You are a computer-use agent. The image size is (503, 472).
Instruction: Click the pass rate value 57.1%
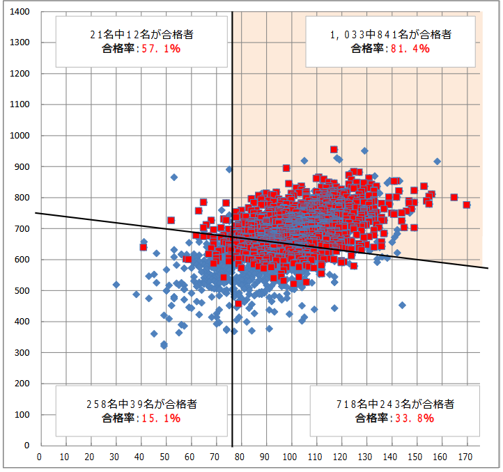(x=161, y=49)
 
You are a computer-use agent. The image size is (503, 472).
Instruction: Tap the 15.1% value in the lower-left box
(x=161, y=418)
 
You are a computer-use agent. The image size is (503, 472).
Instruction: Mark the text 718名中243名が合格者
(x=394, y=404)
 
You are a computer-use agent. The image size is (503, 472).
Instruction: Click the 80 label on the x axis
(x=240, y=457)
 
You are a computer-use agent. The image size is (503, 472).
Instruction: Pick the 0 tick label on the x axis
(x=39, y=457)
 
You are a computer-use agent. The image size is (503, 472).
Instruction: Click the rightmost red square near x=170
(x=467, y=205)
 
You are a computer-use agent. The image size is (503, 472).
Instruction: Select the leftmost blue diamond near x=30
(x=116, y=284)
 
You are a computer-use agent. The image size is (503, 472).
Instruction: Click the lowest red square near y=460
(x=238, y=304)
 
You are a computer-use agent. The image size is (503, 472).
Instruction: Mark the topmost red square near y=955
(x=334, y=150)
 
